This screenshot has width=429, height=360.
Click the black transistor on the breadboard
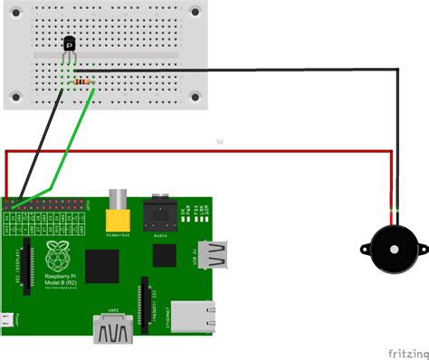click(x=69, y=43)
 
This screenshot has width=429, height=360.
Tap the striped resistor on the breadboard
click(x=82, y=81)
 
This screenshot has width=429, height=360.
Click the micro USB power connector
click(x=6, y=319)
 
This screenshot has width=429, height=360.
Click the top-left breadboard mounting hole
click(x=17, y=12)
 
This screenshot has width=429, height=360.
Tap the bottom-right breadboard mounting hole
click(x=196, y=94)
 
